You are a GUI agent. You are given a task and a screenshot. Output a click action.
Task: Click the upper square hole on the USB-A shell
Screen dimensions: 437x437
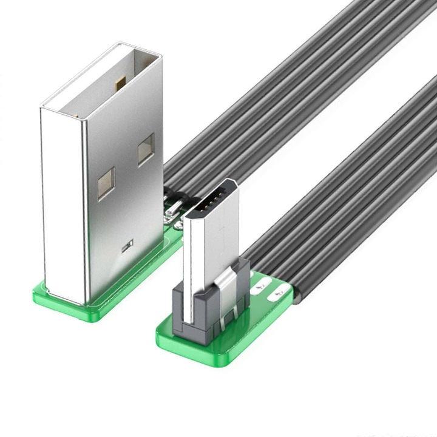(146, 149)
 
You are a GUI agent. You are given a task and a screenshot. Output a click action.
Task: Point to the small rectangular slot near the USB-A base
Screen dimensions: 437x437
(127, 245)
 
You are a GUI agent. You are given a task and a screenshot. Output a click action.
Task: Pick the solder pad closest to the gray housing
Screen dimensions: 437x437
(262, 285)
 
